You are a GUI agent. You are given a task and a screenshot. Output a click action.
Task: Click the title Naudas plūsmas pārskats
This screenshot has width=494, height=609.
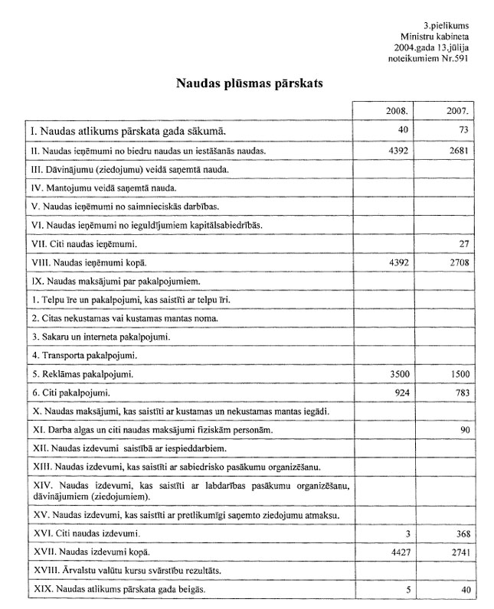coord(249,83)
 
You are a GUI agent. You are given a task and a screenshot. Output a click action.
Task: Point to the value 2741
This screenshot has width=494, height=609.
coord(457,552)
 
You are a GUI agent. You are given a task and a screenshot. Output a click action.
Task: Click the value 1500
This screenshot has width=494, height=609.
coord(457,375)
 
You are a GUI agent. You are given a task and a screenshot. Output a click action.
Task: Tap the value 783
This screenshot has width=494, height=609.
coord(460,393)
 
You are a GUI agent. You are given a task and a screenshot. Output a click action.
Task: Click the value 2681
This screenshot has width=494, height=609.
coord(457,151)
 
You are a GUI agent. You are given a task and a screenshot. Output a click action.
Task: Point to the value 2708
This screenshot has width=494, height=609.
coord(457,263)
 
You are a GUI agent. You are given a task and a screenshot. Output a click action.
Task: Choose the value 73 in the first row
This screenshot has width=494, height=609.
coord(462,131)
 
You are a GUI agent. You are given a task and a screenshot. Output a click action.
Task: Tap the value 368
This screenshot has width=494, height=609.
coord(460,532)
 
